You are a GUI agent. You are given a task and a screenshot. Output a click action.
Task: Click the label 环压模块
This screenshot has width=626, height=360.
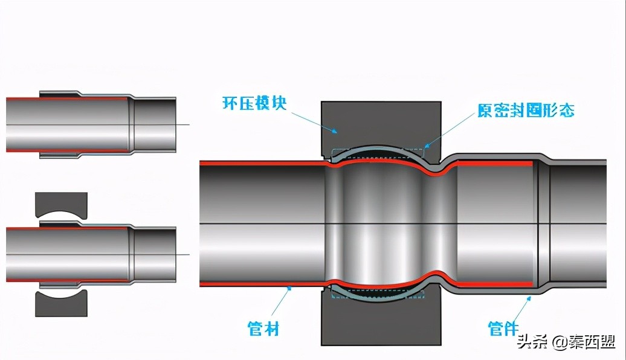pyautogui.click(x=254, y=102)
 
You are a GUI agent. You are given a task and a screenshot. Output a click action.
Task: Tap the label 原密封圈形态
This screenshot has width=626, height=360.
pyautogui.click(x=525, y=111)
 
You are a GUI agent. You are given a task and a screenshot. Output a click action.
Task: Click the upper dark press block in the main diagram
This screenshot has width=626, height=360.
pyautogui.click(x=381, y=124)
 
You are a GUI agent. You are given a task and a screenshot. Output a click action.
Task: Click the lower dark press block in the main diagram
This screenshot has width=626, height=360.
pyautogui.click(x=381, y=323)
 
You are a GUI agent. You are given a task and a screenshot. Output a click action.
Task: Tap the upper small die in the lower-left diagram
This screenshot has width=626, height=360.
pyautogui.click(x=61, y=205)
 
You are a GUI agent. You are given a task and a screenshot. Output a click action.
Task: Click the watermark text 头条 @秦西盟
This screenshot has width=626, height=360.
pyautogui.click(x=565, y=342)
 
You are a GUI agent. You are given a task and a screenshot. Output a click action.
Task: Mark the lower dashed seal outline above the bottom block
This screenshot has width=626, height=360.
pyautogui.click(x=378, y=294)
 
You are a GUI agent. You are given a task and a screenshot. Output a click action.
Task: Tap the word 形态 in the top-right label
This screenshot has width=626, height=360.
pyautogui.click(x=558, y=111)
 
